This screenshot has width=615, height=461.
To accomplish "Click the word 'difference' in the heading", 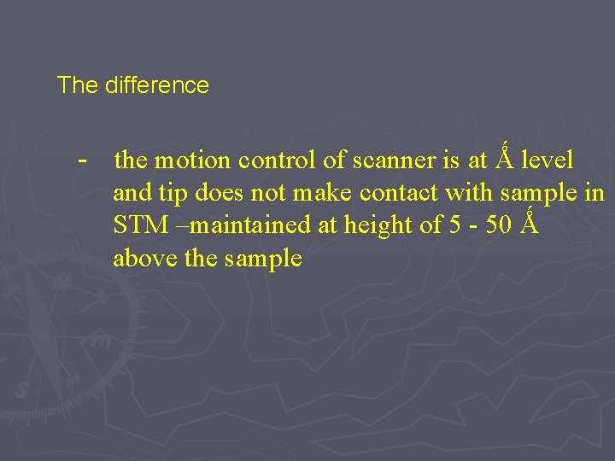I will [157, 85].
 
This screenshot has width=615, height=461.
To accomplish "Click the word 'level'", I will [547, 160].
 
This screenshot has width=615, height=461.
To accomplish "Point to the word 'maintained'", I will [225, 225].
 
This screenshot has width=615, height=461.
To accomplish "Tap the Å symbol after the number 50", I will [530, 225].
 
